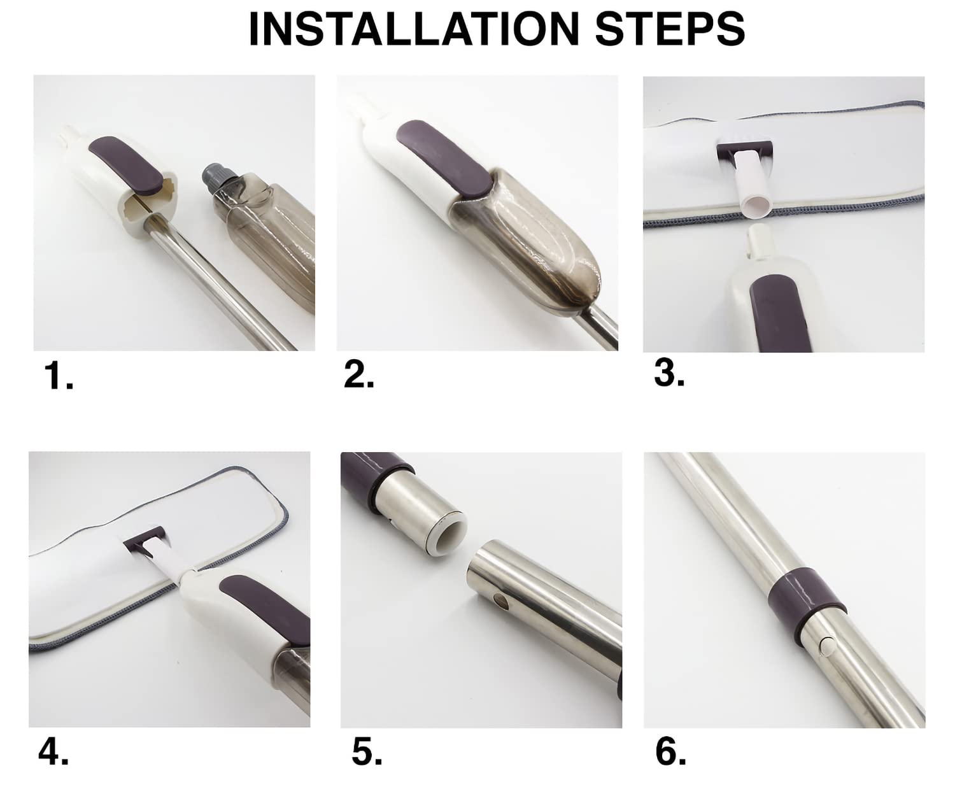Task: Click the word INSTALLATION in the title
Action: tap(414, 29)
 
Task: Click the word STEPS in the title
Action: tap(670, 29)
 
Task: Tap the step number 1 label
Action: tap(59, 376)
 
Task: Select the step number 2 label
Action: tap(358, 374)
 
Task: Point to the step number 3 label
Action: tap(669, 373)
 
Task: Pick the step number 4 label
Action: tap(53, 751)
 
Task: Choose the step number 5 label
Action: tap(367, 751)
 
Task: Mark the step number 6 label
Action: tap(671, 751)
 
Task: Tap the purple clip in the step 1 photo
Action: tap(125, 163)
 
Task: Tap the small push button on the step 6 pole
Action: tap(827, 646)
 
